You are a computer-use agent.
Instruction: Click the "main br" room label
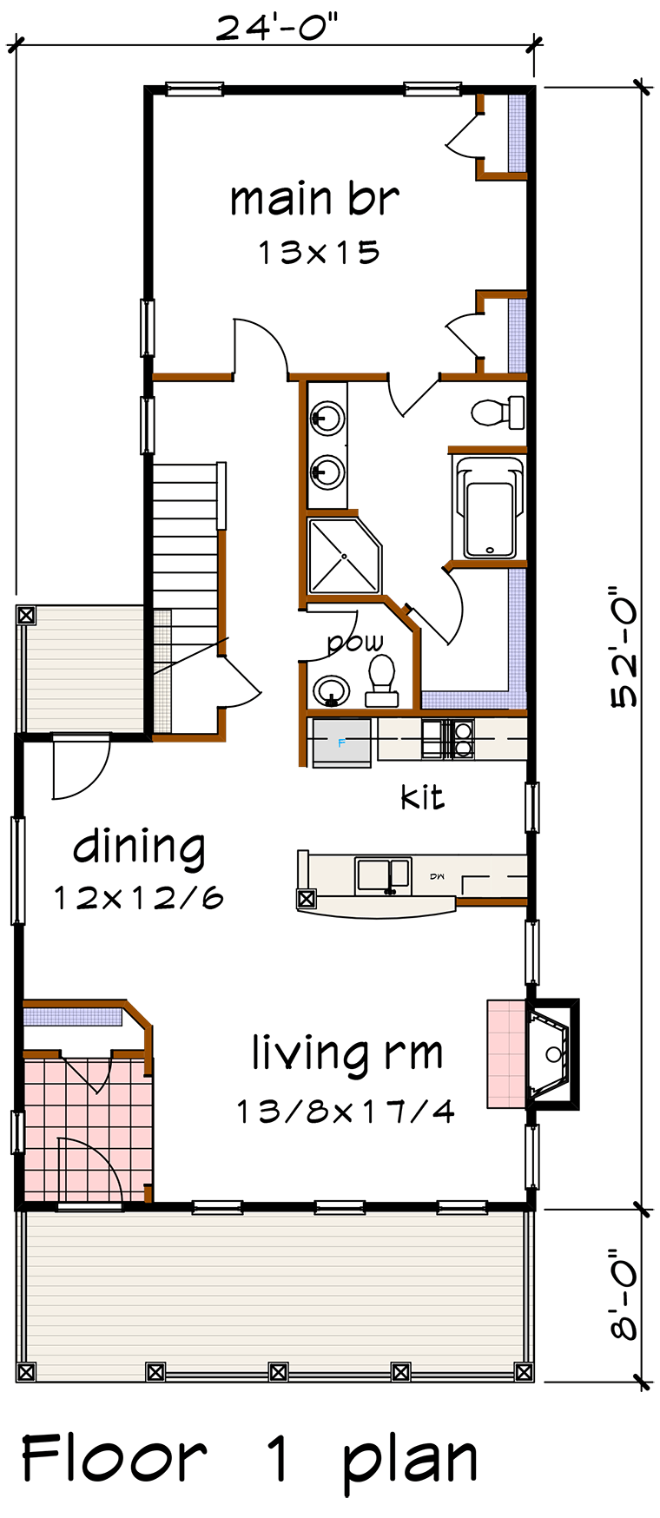point(314,199)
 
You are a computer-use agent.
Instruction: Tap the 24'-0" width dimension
point(276,27)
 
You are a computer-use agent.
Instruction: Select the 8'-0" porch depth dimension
point(624,1294)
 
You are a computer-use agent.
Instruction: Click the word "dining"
point(139,847)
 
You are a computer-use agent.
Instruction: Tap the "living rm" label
point(347,1053)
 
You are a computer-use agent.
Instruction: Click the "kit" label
point(422,796)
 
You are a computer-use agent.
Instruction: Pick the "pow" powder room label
point(355,643)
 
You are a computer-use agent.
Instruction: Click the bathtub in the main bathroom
point(490,507)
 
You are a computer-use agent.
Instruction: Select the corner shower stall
point(344,557)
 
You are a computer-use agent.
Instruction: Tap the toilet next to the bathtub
point(498,412)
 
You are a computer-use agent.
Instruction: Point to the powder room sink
point(331,691)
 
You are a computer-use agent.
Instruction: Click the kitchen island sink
point(383,875)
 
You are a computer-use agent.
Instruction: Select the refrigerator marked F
point(341,742)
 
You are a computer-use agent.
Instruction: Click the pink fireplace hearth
point(506,1054)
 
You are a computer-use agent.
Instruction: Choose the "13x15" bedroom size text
point(319,253)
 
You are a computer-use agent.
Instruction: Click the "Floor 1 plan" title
point(249,1462)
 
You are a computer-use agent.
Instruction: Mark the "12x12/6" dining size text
point(139,898)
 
